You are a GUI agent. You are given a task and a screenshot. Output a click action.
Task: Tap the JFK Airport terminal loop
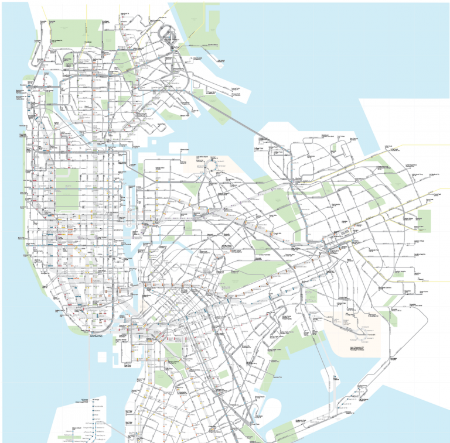tap(369, 334)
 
